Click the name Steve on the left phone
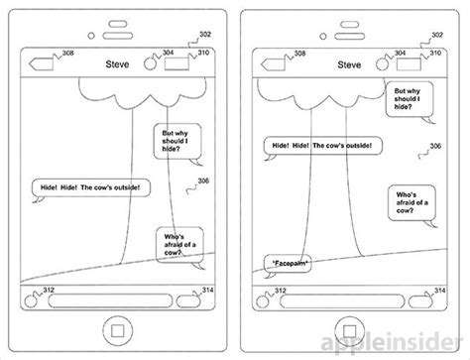(117, 64)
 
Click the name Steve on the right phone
(348, 64)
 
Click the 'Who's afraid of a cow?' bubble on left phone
(178, 245)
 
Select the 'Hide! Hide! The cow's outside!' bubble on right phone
(318, 146)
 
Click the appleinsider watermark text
(416, 344)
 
